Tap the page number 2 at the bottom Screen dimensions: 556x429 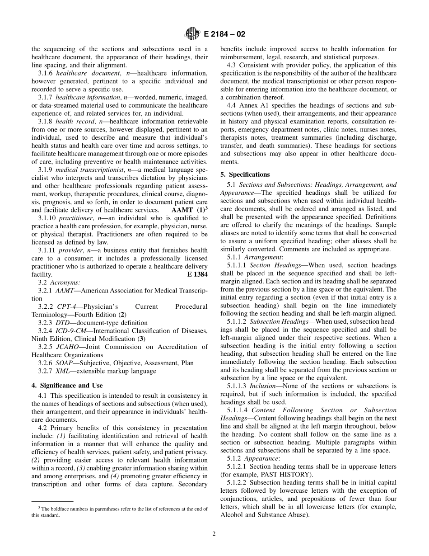[x=214, y=534]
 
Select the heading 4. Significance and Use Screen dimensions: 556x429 [x=67, y=386]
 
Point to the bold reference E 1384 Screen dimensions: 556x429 [x=197, y=274]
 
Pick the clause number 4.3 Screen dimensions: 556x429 [x=232, y=65]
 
